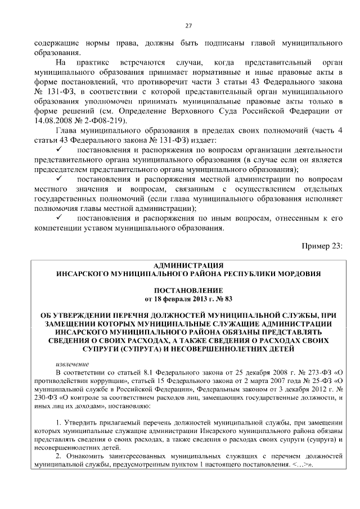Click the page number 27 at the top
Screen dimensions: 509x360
tap(188, 25)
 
